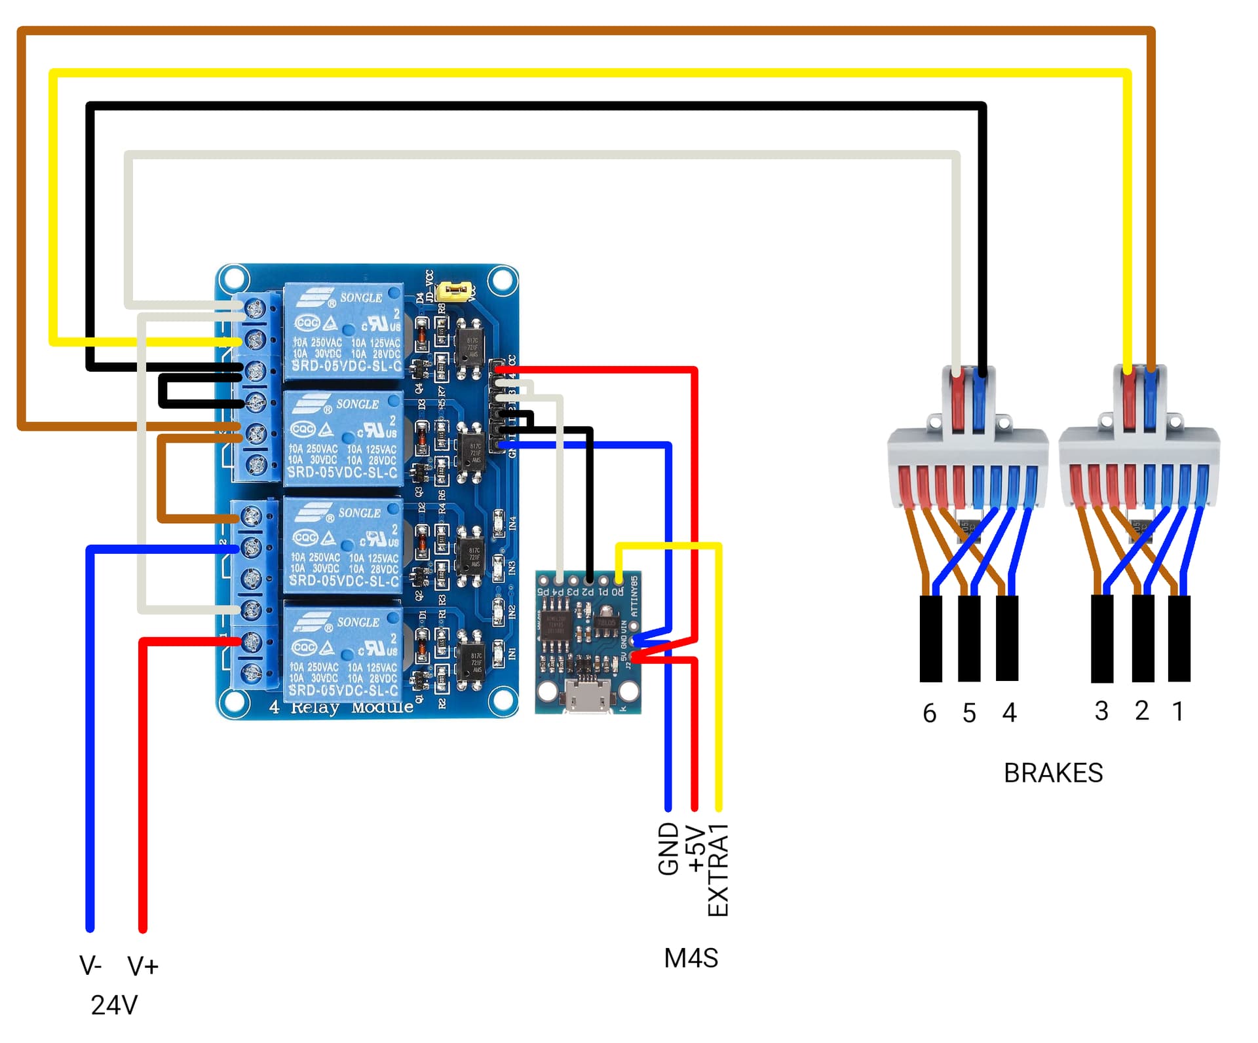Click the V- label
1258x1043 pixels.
click(x=90, y=966)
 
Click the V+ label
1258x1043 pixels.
click(x=143, y=966)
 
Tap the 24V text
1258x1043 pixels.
click(x=114, y=1005)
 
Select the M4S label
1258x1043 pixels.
click(x=691, y=959)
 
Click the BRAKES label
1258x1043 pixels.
click(x=1053, y=773)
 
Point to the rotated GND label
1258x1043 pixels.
click(x=668, y=849)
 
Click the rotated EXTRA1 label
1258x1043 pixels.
click(x=719, y=870)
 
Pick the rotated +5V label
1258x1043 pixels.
click(x=695, y=849)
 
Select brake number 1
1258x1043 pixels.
click(x=1178, y=711)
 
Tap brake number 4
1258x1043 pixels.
click(x=1009, y=713)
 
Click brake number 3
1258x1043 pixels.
click(x=1101, y=711)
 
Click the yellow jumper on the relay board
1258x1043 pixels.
click(x=456, y=290)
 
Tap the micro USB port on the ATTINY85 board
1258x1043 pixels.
click(x=588, y=697)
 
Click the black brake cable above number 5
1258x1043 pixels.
click(x=969, y=638)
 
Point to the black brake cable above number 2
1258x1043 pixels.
click(x=1143, y=638)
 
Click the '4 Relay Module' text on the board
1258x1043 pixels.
click(x=341, y=708)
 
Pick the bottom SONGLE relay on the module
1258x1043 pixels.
click(x=343, y=653)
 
